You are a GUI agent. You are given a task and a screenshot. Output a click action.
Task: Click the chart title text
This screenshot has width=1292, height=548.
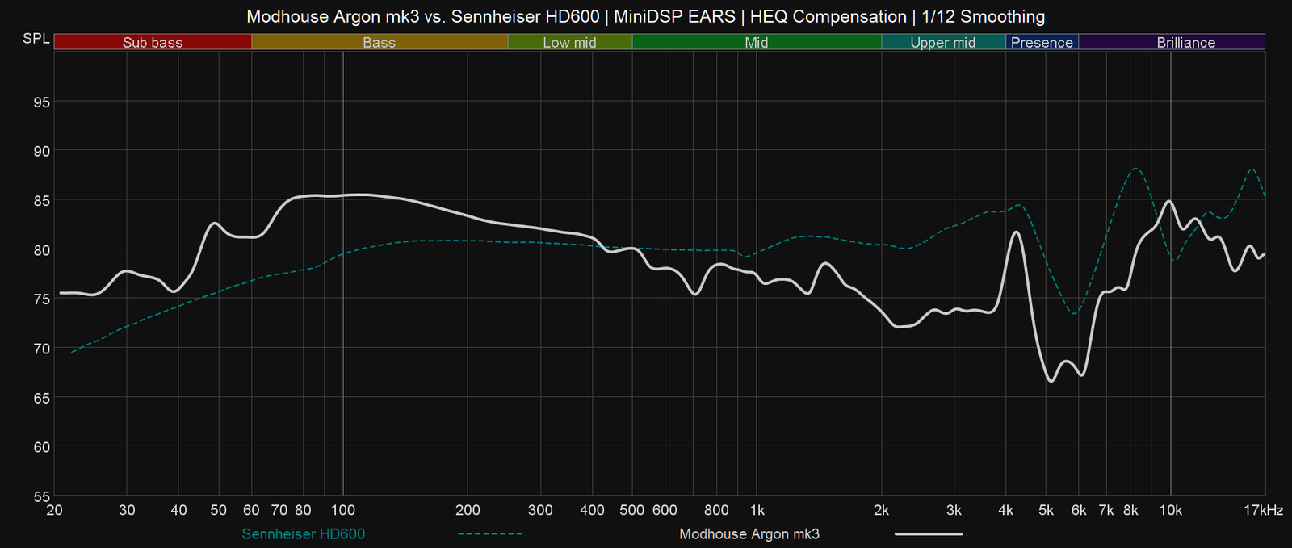[645, 16]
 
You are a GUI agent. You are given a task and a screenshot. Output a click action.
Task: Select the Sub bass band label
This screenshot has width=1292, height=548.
[153, 42]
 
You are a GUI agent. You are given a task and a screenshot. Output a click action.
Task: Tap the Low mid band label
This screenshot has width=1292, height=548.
[569, 42]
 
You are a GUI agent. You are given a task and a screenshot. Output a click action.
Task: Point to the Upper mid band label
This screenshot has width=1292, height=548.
[942, 42]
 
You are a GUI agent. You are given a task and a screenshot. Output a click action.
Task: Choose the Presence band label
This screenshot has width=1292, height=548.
[1042, 42]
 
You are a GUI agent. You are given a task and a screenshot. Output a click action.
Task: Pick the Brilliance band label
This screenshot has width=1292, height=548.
[1185, 42]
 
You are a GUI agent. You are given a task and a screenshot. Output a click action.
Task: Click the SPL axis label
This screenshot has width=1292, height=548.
[36, 39]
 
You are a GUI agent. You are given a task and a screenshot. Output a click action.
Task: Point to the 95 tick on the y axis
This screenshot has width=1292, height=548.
[41, 102]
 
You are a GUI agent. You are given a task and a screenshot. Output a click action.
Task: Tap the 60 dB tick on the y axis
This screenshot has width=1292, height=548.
[41, 447]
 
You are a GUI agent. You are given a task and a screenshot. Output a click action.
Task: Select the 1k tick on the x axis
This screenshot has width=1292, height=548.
[757, 510]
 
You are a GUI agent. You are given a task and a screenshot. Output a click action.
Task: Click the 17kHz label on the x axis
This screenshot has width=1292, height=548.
[1263, 510]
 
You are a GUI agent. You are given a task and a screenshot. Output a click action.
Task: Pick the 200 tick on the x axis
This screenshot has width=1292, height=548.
[468, 510]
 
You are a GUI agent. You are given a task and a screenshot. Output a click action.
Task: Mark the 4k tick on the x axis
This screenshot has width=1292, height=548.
[1005, 510]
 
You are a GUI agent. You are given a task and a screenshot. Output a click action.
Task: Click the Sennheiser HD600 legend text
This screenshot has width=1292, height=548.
[303, 533]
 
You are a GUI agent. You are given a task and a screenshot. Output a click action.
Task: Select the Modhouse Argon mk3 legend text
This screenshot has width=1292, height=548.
[749, 533]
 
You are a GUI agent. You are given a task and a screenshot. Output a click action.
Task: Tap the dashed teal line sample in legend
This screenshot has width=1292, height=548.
[490, 533]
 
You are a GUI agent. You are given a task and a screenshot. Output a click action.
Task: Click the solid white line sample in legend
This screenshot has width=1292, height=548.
[928, 533]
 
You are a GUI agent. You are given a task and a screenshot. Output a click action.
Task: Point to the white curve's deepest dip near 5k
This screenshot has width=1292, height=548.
[1051, 381]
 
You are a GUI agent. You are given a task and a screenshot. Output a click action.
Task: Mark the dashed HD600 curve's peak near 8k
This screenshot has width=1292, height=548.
[1135, 168]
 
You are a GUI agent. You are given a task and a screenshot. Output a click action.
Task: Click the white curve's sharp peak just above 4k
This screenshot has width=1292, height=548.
[1016, 232]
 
